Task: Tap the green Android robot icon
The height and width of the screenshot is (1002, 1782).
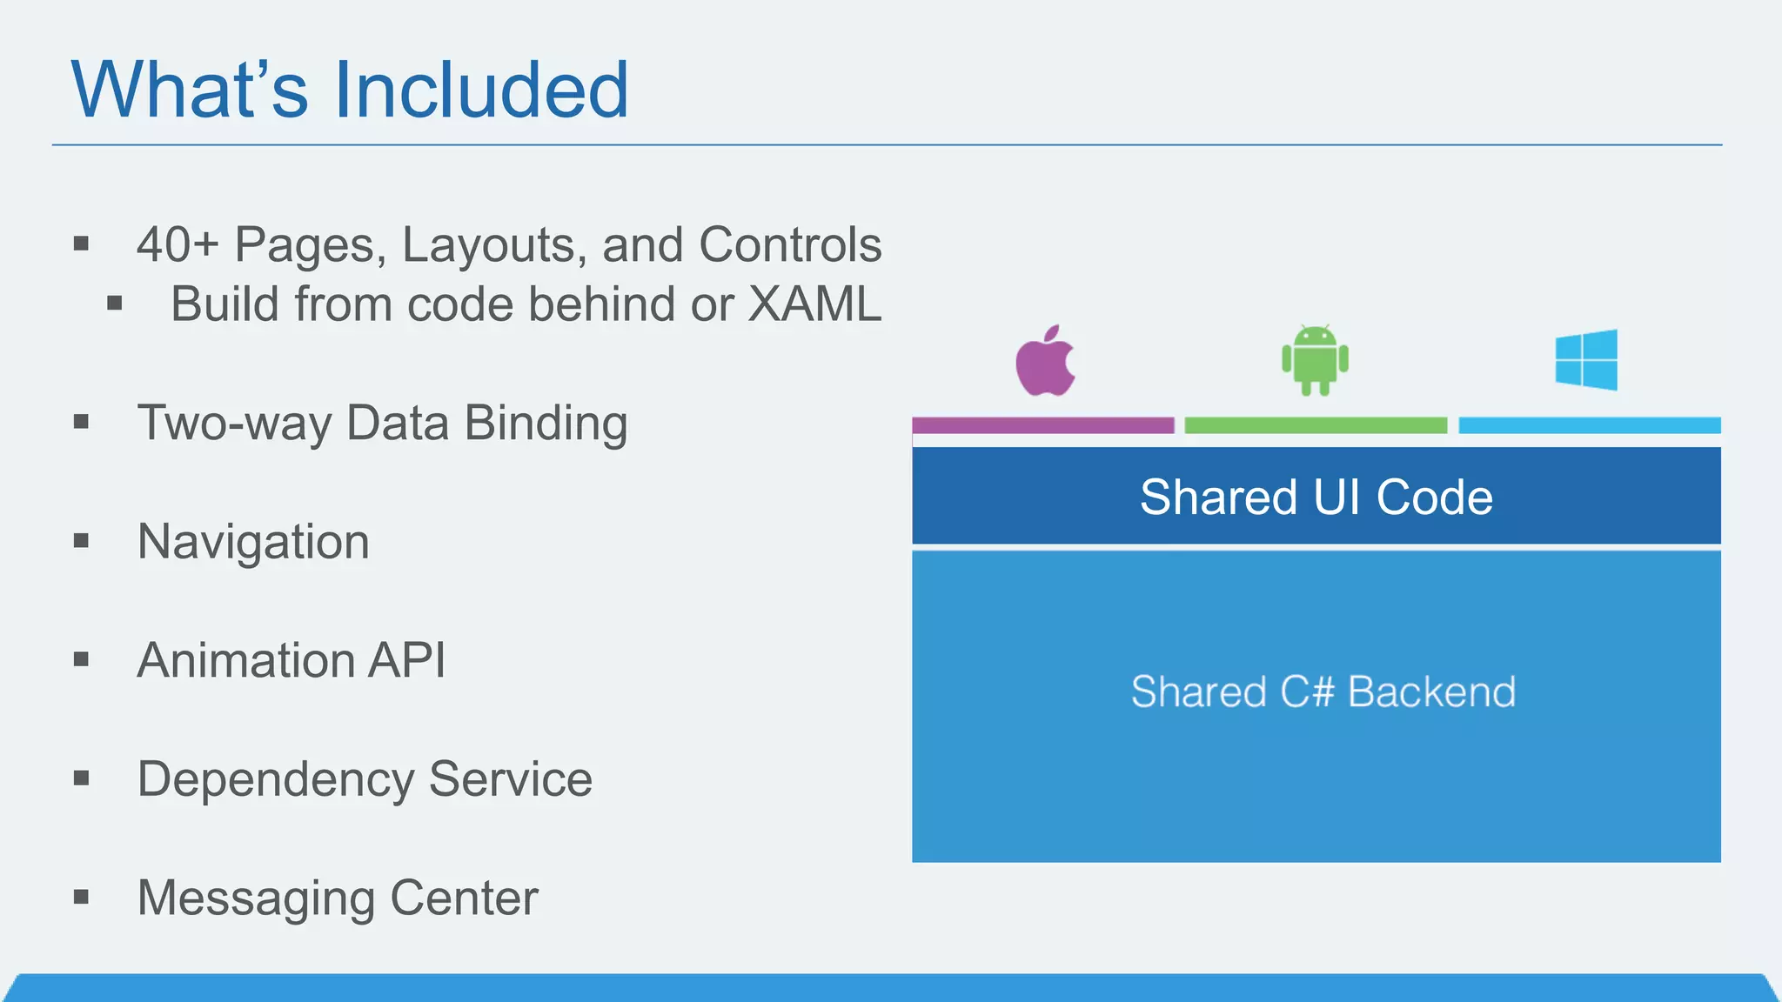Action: [x=1315, y=360]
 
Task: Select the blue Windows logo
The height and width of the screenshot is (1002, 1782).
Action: [x=1586, y=360]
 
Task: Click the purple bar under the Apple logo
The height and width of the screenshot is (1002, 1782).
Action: [x=1042, y=425]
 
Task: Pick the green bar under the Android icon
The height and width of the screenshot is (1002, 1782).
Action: [x=1316, y=425]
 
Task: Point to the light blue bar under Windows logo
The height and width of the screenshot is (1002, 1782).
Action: [x=1589, y=425]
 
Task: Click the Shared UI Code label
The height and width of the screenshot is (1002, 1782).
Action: [x=1316, y=497]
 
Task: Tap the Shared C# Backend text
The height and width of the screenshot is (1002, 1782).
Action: [x=1323, y=692]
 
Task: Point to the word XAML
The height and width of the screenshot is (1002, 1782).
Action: [x=814, y=304]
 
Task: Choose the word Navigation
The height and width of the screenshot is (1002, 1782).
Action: [x=253, y=542]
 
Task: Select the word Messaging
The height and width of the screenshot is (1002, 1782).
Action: [x=257, y=898]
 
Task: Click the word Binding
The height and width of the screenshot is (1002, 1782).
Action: [x=546, y=424]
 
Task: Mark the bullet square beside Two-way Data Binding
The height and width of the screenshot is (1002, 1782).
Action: [x=82, y=423]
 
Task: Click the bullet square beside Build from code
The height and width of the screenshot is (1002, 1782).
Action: [x=115, y=304]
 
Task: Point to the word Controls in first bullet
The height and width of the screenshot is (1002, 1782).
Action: [x=790, y=244]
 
